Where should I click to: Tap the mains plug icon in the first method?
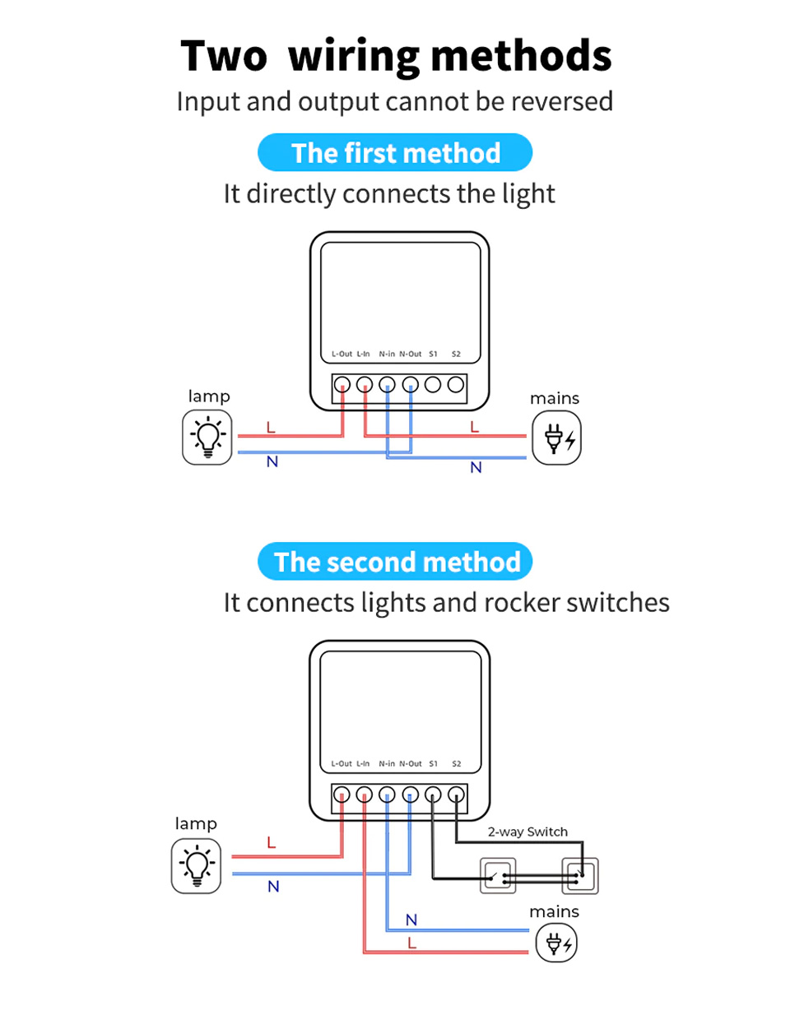(x=557, y=438)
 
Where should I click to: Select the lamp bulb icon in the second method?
(x=197, y=866)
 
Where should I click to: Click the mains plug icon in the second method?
(x=557, y=943)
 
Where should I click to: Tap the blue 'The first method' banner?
(x=396, y=153)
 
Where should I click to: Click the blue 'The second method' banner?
(x=396, y=562)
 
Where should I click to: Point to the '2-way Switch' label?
(x=527, y=832)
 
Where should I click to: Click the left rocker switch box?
(x=497, y=877)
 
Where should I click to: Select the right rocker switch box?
(x=579, y=877)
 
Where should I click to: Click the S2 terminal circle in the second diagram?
(x=455, y=795)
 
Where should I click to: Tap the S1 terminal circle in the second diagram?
(x=433, y=795)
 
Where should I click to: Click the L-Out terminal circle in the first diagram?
(x=342, y=384)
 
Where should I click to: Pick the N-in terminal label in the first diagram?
(x=387, y=354)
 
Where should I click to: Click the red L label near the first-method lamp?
(x=270, y=428)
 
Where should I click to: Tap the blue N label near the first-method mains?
(x=475, y=468)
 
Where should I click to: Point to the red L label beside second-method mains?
(x=412, y=944)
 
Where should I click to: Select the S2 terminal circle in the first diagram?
(x=455, y=384)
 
